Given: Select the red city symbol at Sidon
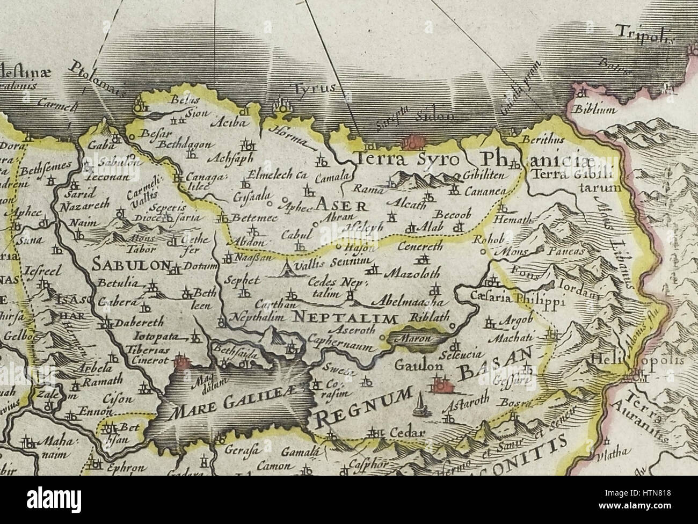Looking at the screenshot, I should tap(412, 142).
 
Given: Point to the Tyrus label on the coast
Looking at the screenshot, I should tap(317, 88).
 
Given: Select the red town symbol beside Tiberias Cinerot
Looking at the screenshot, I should tap(182, 362).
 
